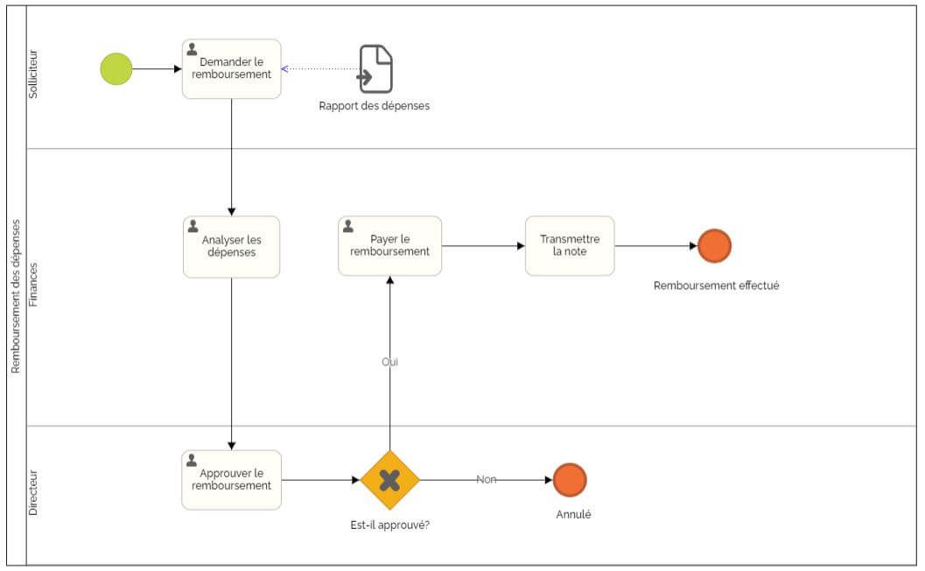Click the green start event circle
(x=116, y=69)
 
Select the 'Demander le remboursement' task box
(x=232, y=68)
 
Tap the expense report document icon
(x=375, y=69)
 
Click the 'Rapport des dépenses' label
(x=374, y=106)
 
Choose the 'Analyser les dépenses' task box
(x=232, y=247)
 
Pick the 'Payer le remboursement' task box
(x=389, y=246)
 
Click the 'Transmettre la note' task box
(x=570, y=246)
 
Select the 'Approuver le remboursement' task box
(x=232, y=480)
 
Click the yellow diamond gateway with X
(x=389, y=480)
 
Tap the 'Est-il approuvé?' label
(x=389, y=525)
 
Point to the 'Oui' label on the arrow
(x=390, y=362)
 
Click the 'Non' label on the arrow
(x=487, y=480)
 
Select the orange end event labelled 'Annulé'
(x=570, y=480)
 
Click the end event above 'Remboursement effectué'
(x=714, y=246)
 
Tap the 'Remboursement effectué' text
(x=716, y=285)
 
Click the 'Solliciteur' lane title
(x=34, y=75)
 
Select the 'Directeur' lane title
(x=34, y=493)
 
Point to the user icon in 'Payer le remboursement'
(x=348, y=226)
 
